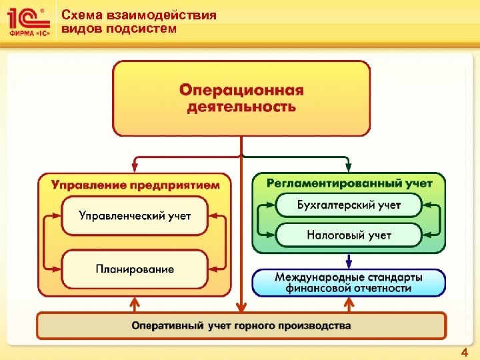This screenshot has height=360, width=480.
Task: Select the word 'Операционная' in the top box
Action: coord(241,90)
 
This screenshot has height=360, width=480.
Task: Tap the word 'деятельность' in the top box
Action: coord(241,107)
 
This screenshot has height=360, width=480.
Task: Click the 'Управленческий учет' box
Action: coord(135,215)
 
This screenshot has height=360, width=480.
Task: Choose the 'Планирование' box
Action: coord(135,269)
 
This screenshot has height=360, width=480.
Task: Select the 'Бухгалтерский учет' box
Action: coord(349,205)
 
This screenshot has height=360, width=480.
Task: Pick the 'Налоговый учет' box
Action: coord(349,235)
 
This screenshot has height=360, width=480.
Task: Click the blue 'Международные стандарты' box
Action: coord(349,282)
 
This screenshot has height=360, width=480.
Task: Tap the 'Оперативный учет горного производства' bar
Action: coord(241,326)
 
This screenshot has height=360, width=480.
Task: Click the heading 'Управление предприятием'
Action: coord(135,185)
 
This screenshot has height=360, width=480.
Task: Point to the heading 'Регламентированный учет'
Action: coord(349,183)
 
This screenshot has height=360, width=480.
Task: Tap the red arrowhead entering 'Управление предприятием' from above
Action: coord(135,168)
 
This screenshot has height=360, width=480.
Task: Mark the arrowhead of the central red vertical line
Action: coord(241,308)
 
